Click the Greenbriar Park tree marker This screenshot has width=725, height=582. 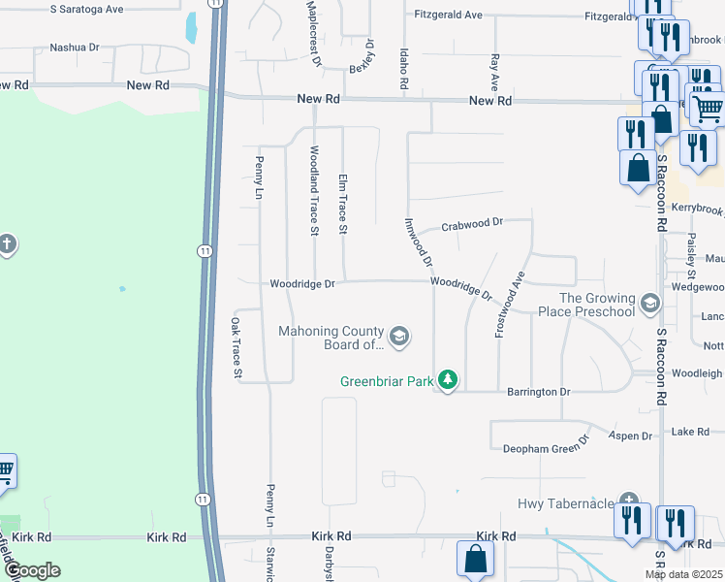tap(447, 378)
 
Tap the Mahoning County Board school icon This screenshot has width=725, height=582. tap(400, 338)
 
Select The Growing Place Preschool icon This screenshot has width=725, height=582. tap(649, 305)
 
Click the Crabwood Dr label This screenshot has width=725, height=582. tap(472, 222)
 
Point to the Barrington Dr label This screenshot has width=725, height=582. tap(539, 392)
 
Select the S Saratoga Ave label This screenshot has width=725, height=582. tap(87, 9)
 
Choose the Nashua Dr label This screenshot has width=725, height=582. tap(75, 47)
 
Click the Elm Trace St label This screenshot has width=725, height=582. tap(342, 204)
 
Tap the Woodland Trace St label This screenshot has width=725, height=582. tap(314, 190)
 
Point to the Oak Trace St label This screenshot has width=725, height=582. tap(236, 347)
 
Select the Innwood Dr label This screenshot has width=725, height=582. tap(420, 242)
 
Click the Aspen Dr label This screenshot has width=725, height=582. tap(632, 436)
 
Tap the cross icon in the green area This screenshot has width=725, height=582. tap(7, 242)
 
